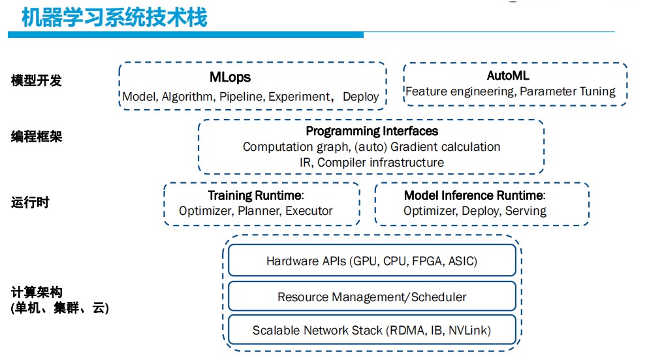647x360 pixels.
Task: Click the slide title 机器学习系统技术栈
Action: point(114,18)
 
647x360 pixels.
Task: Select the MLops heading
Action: point(230,77)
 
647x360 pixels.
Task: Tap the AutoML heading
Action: point(507,76)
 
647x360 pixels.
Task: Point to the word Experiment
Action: point(300,97)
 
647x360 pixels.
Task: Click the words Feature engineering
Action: point(460,91)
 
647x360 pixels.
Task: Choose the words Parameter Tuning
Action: point(567,91)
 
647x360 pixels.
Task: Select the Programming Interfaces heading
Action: point(371,131)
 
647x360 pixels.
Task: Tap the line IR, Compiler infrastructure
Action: point(371,163)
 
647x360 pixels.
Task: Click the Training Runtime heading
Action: point(256,195)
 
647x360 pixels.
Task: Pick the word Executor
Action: point(309,211)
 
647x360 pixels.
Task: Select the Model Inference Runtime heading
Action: point(475,195)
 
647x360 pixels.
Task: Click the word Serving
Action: point(526,211)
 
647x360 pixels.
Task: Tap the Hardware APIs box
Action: point(371,260)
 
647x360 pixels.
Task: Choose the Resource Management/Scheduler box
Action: point(371,296)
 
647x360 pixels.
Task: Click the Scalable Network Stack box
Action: point(371,329)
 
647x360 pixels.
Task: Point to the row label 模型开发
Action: point(37,80)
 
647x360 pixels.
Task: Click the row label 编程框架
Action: point(37,137)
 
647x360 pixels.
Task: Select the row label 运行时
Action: point(30,203)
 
